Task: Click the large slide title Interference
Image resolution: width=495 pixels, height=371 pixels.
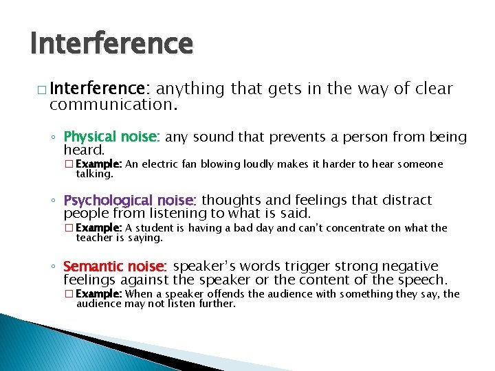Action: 111,43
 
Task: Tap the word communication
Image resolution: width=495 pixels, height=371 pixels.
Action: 113,106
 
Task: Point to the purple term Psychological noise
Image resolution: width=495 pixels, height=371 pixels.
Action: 130,201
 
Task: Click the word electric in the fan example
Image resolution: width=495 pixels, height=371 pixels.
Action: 159,164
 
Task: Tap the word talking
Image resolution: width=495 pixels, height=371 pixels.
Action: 94,174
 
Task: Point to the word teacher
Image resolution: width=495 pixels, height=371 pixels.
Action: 94,238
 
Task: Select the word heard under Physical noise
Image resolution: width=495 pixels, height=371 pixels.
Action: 83,150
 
